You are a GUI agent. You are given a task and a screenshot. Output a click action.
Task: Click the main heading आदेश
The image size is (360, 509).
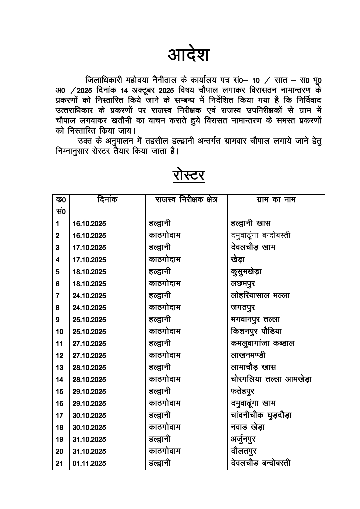188,55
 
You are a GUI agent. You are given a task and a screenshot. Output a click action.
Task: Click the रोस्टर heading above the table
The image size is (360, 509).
188,175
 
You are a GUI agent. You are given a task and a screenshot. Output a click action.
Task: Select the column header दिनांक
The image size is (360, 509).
107,200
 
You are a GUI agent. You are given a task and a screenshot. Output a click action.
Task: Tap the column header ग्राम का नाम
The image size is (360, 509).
276,200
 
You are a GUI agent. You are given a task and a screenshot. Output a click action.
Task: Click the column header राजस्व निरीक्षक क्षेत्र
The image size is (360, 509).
186,200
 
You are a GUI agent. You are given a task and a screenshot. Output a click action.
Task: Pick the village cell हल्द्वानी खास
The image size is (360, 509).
250,223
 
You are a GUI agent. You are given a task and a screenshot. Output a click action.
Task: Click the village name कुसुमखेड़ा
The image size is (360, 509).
246,272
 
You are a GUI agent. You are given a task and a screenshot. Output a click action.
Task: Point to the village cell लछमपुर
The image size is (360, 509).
243,284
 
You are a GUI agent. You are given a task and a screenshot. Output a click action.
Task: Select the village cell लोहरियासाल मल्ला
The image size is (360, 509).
260,296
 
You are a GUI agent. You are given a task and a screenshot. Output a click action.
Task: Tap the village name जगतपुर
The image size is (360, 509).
243,308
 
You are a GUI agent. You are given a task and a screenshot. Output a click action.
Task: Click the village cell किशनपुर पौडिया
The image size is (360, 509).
256,332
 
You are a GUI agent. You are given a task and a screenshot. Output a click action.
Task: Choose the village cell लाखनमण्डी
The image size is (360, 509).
248,356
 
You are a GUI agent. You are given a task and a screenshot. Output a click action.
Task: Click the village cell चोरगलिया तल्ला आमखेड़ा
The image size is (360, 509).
271,379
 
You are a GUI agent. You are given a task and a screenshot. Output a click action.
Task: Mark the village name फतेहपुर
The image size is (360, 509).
242,391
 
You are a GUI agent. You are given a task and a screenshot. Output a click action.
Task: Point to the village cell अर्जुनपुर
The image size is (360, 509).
243,439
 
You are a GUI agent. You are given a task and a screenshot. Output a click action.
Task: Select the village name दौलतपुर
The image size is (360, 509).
243,451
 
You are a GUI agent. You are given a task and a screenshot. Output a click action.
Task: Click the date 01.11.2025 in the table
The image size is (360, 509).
89,463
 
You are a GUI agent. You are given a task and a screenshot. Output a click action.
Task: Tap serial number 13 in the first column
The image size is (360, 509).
60,368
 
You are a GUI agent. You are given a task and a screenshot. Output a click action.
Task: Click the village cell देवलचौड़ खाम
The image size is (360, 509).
253,247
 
